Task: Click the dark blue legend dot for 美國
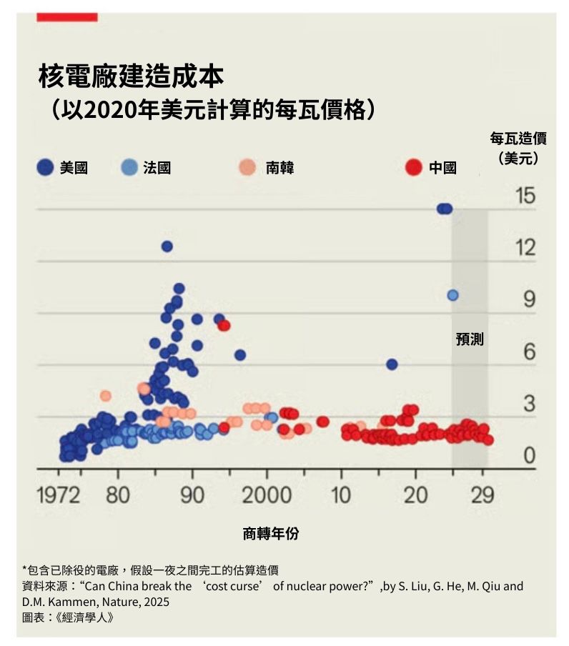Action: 45,167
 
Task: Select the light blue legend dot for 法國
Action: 129,167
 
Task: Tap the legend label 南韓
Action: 279,168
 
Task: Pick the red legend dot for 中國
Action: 413,167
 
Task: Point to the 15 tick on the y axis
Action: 525,195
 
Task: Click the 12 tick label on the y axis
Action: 525,247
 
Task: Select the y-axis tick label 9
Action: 530,299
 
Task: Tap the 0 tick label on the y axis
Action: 530,455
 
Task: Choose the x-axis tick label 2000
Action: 266,495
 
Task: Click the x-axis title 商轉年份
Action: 271,533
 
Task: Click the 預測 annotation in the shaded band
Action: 470,339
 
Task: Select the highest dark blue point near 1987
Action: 167,247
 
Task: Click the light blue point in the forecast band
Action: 452,295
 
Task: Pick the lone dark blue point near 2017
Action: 392,364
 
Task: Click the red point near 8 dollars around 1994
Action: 224,326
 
